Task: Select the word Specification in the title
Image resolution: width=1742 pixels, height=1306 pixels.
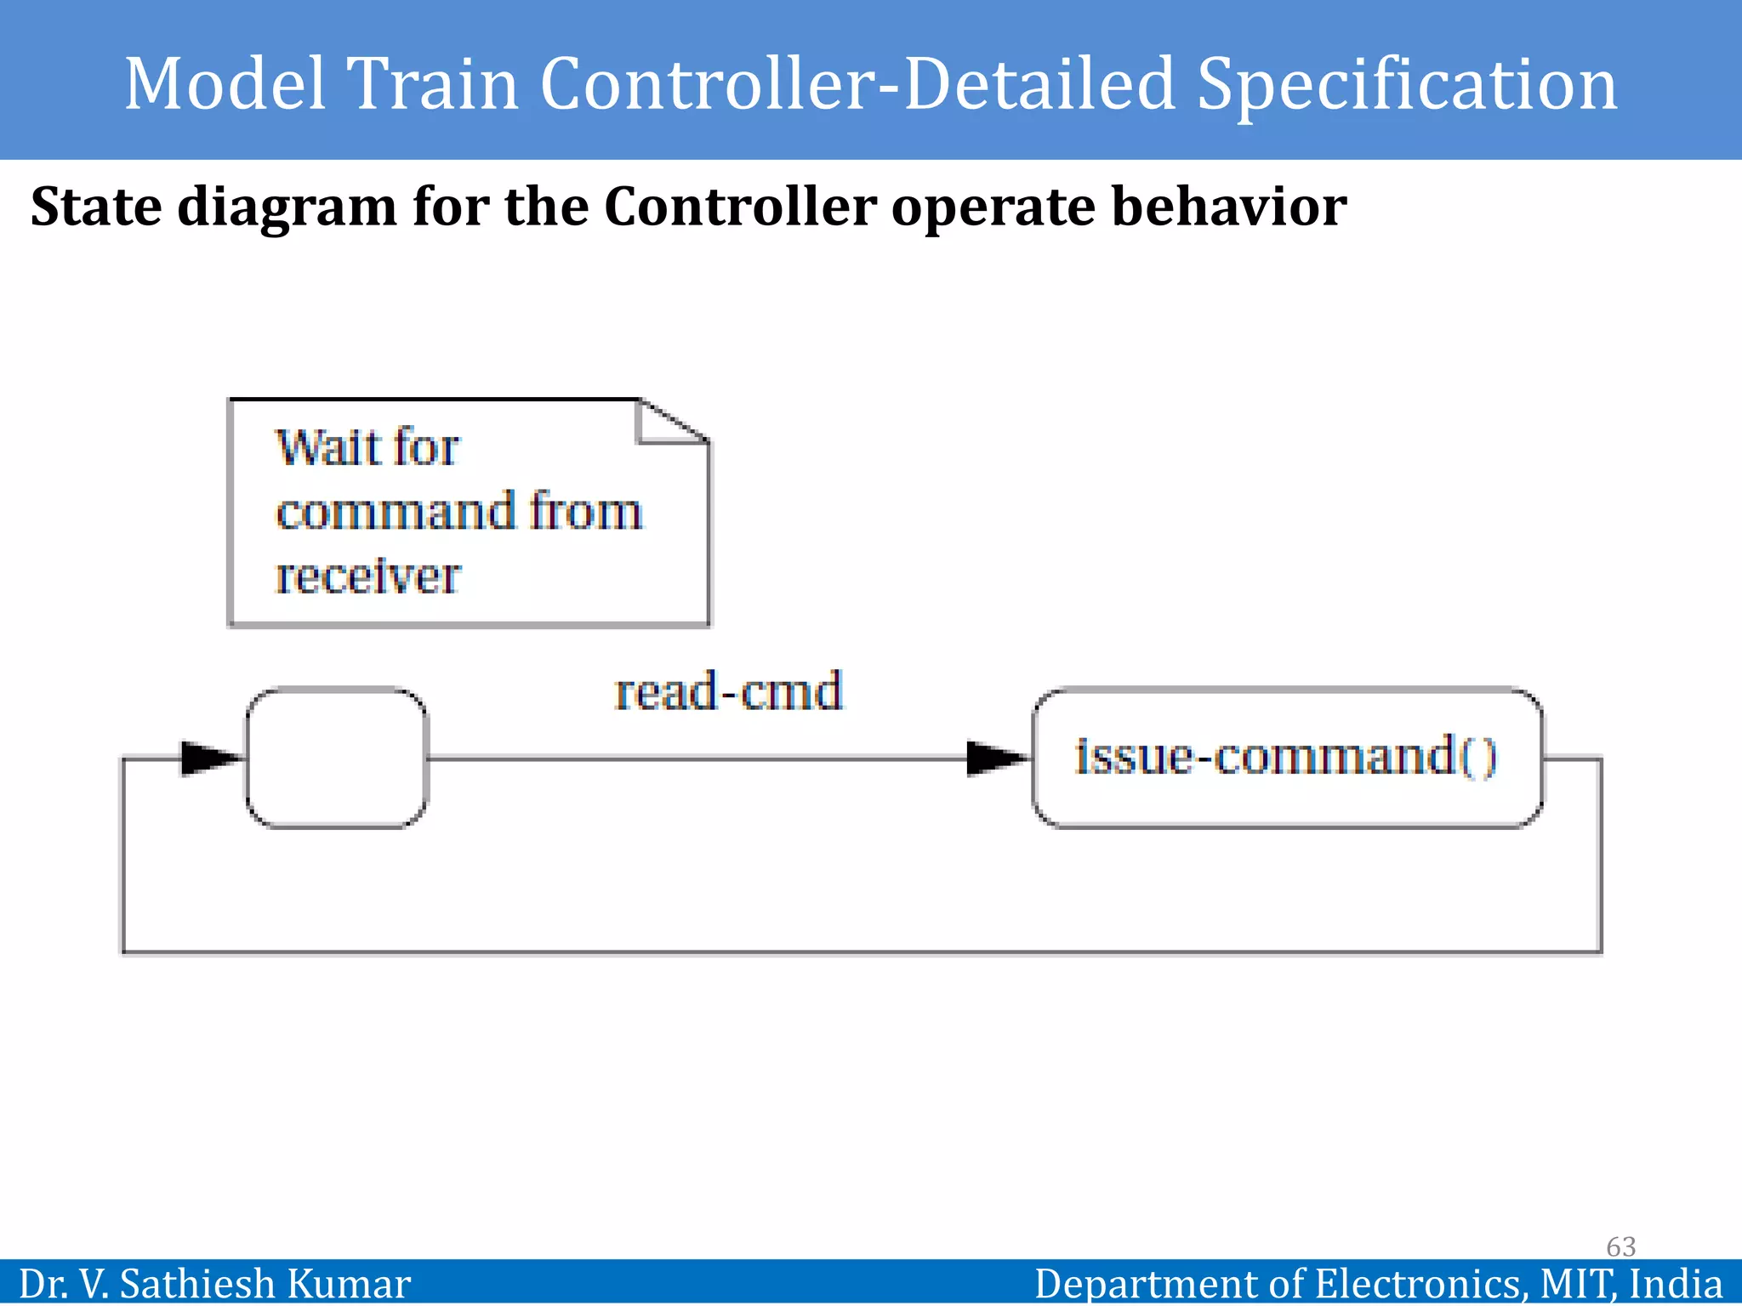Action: [1407, 85]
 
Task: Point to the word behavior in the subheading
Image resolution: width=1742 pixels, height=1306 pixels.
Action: [1229, 207]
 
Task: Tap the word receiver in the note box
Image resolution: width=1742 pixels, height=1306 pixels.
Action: [367, 576]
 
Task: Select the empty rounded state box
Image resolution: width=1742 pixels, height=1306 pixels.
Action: [337, 758]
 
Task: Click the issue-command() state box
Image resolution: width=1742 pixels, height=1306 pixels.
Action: [1286, 757]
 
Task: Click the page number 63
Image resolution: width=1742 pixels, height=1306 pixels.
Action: [1620, 1246]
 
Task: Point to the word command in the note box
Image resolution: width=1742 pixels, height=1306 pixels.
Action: [396, 512]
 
